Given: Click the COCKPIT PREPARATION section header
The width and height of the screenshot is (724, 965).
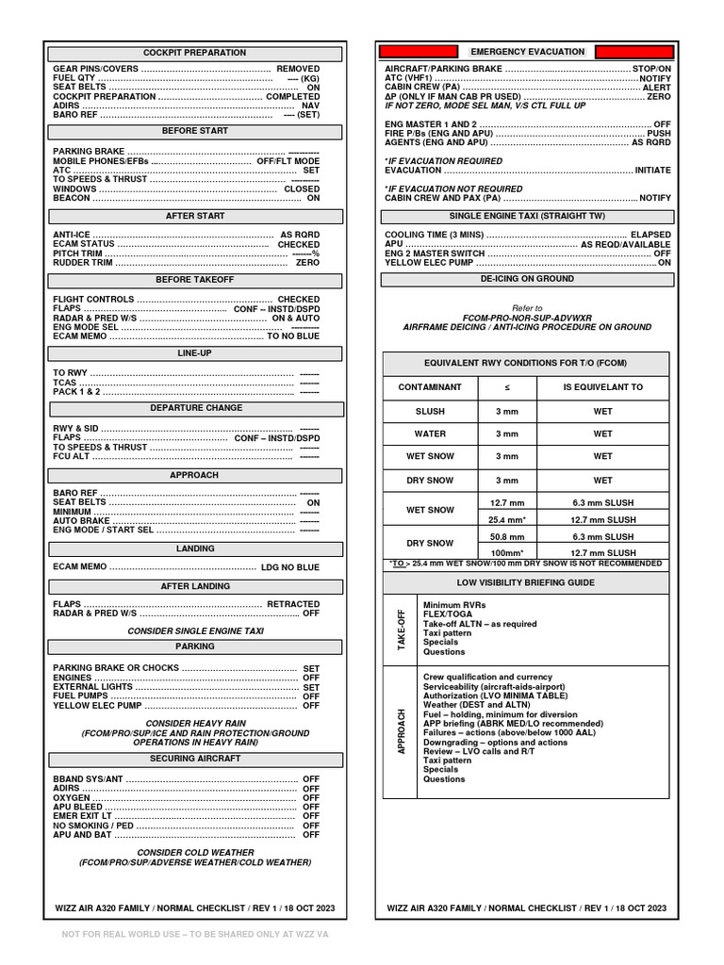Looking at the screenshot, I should [194, 53].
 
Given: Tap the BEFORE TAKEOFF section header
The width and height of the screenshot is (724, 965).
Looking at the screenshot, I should [194, 280].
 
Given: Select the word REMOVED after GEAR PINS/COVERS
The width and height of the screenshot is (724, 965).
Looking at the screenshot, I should [297, 69].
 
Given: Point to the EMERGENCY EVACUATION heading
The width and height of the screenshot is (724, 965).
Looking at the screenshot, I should [527, 51].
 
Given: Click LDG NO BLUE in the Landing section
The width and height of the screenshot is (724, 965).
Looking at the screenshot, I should [289, 567].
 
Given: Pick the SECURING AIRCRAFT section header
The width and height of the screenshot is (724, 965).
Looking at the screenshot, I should [194, 759].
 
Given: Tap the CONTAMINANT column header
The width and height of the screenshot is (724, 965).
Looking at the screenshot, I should [430, 387].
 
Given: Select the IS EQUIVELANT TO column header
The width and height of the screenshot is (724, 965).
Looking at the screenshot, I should [602, 387].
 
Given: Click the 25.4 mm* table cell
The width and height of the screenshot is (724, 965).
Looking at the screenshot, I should [507, 519].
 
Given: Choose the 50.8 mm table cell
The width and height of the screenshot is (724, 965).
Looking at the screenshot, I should [507, 536].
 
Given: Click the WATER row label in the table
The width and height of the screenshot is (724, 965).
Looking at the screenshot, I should [430, 434].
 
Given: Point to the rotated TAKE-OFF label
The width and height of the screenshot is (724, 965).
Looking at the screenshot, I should [402, 630].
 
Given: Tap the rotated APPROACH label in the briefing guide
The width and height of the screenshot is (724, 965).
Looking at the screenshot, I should [402, 731].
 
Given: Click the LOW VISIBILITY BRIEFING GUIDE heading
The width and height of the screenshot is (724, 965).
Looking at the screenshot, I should [526, 583].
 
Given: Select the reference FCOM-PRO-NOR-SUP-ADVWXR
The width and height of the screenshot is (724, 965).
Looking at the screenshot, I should [527, 318].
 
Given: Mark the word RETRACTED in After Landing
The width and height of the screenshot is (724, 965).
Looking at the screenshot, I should [292, 604].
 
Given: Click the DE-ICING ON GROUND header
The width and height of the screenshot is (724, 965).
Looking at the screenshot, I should [527, 279].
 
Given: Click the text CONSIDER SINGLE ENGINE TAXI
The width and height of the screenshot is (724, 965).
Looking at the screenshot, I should [195, 630].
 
